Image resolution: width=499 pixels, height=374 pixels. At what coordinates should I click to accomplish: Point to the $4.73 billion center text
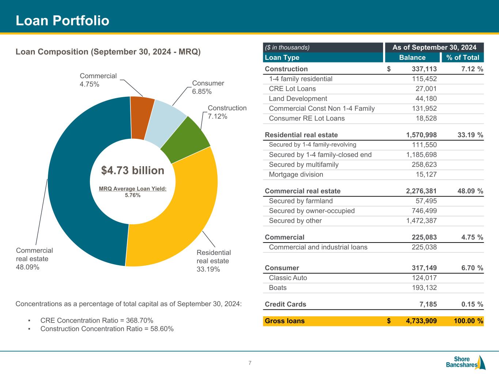tap(133, 171)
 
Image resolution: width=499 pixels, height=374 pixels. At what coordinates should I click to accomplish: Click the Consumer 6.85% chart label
tap(208, 87)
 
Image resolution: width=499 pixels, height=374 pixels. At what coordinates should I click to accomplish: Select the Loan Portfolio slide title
tap(63, 21)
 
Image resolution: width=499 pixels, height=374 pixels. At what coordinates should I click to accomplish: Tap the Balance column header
tap(412, 57)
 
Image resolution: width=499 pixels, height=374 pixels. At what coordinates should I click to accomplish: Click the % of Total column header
tap(462, 57)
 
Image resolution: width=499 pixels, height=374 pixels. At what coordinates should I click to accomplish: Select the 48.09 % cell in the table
tap(470, 191)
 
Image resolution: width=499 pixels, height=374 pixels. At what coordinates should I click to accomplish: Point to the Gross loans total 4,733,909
tap(421, 321)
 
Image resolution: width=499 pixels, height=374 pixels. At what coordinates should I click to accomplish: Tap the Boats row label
tap(277, 288)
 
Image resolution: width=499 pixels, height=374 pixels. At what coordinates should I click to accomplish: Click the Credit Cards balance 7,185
tap(427, 304)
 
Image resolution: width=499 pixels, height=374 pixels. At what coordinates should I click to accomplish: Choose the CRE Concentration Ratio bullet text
tap(97, 320)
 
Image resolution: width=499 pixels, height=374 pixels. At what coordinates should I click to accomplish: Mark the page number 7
tap(250, 363)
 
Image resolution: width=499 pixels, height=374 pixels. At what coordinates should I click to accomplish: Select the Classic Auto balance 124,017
tap(424, 278)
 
